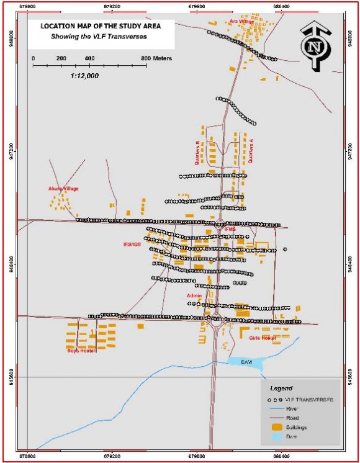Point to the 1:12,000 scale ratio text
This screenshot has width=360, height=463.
[x=81, y=74]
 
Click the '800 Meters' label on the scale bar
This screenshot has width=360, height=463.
[x=156, y=58]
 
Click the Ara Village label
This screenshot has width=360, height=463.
[x=242, y=21]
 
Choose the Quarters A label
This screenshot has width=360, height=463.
[x=251, y=150]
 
